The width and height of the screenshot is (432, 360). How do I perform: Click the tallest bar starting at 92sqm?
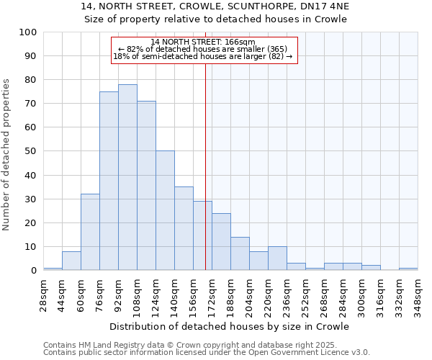[x=127, y=177]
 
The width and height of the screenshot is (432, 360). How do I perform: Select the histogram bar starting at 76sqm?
[x=109, y=181]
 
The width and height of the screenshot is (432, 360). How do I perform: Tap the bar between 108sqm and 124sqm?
[x=146, y=186]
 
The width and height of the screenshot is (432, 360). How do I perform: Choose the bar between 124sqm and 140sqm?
[x=165, y=210]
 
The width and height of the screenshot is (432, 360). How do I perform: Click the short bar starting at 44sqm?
[x=71, y=261]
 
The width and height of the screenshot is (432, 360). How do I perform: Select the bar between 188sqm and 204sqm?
[x=240, y=253]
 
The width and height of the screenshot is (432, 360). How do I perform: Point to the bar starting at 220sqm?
[x=277, y=258]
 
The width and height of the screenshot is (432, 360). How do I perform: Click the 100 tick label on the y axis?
[x=28, y=32]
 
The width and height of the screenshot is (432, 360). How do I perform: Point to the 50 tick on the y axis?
[x=31, y=151]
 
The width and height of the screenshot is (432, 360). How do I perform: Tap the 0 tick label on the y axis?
[x=34, y=270]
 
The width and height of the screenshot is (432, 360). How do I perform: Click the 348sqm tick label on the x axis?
[x=418, y=295]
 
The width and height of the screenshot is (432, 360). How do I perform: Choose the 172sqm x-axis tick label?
[x=212, y=295]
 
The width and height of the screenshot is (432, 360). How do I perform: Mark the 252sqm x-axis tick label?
[x=305, y=295]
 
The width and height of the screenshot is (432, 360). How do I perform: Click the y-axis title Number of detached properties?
[x=7, y=155]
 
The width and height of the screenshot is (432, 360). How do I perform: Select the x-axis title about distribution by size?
[x=230, y=326]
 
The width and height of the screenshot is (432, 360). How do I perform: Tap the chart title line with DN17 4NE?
[x=215, y=6]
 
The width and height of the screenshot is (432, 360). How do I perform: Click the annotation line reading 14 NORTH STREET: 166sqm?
[x=203, y=42]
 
